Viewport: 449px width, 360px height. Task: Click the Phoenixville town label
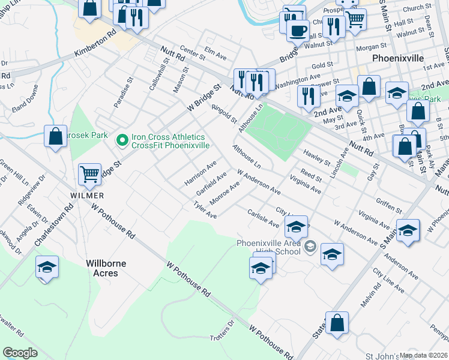398,58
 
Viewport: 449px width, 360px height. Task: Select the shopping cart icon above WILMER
90,174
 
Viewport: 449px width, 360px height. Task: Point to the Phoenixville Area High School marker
310,246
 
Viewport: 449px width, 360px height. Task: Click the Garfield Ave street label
211,184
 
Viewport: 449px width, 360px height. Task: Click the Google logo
20,353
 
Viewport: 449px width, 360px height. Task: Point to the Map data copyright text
423,355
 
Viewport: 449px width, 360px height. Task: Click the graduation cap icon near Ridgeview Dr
47,268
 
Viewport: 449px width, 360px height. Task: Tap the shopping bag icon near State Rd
337,322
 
